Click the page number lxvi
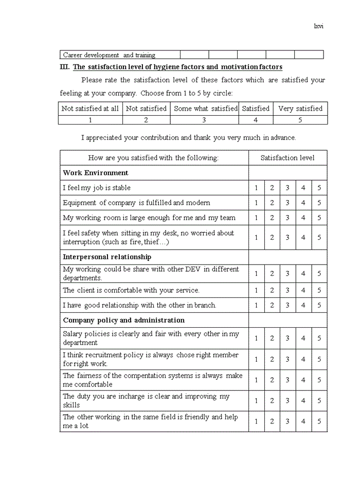318,26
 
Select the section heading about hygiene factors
177,67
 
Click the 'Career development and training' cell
109,55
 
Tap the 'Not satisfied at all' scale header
90,109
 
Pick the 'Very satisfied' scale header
300,109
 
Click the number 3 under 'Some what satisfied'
204,120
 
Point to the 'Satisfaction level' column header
287,158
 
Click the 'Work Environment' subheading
96,173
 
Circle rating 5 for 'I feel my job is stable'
319,188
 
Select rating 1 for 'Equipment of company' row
256,203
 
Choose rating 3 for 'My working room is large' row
287,218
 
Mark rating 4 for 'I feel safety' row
303,237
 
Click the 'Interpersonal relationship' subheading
107,257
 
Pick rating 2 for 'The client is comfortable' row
272,290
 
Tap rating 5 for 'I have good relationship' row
319,305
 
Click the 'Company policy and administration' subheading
123,320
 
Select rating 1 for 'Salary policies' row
256,338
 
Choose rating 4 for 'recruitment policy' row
303,359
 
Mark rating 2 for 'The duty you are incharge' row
272,400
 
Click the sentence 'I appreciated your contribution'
188,138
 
